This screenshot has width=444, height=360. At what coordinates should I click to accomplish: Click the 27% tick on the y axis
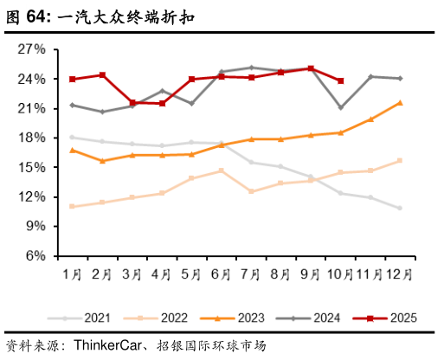point(32,49)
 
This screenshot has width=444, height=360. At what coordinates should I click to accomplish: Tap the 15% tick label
point(32,167)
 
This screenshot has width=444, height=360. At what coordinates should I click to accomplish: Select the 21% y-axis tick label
point(32,108)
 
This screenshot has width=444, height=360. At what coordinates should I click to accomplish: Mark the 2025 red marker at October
point(341,80)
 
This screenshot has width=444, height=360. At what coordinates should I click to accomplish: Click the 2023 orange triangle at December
point(400,102)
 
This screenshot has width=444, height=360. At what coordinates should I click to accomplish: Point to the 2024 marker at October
point(341,107)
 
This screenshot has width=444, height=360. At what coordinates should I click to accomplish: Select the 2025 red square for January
point(72,79)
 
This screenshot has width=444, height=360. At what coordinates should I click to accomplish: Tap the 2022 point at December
point(400,160)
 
